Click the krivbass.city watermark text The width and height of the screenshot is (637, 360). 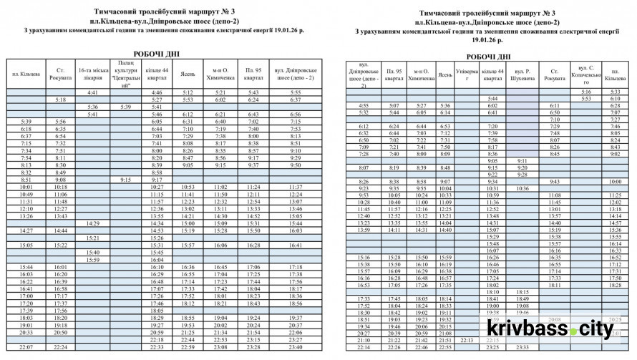[x=550, y=329]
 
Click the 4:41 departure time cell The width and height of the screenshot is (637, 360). [x=92, y=93]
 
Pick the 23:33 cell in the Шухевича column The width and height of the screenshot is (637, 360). [x=522, y=347]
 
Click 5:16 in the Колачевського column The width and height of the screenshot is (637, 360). [x=586, y=92]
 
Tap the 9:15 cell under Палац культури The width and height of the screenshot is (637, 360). [x=126, y=180]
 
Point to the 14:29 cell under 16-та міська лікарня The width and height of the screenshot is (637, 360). [x=92, y=223]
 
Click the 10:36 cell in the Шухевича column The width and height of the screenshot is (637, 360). [x=522, y=188]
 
